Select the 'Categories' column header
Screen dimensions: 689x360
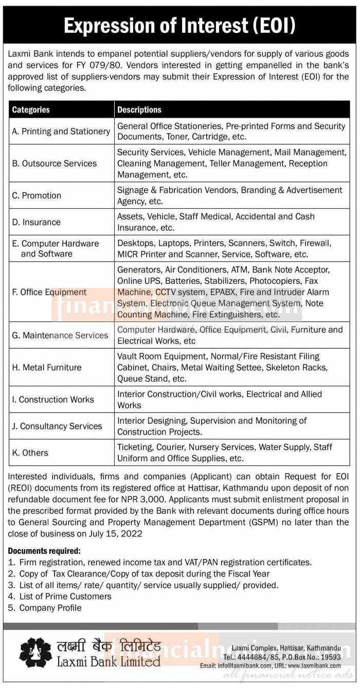point(31,110)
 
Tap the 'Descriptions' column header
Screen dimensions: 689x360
point(139,110)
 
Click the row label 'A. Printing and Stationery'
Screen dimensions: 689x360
point(61,132)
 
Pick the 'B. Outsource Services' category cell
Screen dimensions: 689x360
point(54,164)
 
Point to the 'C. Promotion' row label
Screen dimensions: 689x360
point(37,195)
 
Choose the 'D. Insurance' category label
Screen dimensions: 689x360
point(36,222)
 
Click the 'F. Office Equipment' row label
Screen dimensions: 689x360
point(49,292)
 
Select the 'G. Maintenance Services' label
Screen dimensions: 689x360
point(60,335)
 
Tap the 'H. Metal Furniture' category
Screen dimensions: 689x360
point(47,367)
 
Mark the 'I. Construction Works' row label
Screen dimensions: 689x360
point(53,400)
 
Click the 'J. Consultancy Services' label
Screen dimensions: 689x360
point(57,426)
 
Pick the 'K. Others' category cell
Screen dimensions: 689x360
point(30,453)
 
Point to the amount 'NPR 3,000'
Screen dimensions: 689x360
point(230,511)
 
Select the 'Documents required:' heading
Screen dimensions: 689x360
point(44,551)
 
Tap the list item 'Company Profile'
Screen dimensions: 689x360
point(50,608)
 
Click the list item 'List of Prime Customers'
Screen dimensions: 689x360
point(65,596)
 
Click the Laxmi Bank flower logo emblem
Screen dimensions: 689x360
point(35,652)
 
